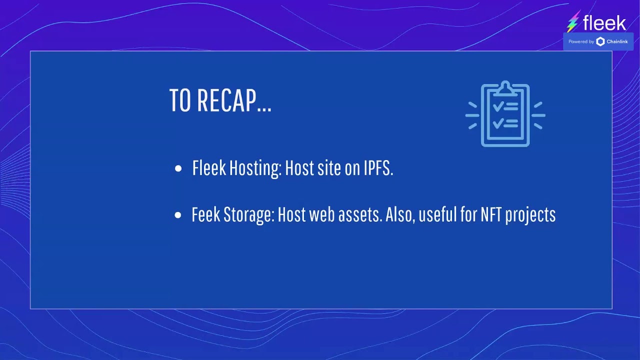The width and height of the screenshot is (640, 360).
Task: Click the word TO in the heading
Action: point(180,100)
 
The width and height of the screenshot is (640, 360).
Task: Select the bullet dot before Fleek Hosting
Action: point(178,169)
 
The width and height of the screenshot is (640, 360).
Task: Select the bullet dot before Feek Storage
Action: point(178,215)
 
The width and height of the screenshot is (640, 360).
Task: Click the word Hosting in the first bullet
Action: point(255,169)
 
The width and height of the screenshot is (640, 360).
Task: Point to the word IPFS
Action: point(378,168)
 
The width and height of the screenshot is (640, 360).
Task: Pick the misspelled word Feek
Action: point(205,215)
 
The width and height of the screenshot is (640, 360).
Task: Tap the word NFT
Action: point(491,214)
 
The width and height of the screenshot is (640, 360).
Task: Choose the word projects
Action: point(530,215)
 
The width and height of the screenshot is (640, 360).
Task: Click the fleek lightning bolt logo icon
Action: point(573,22)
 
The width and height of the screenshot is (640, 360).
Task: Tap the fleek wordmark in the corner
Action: point(604,23)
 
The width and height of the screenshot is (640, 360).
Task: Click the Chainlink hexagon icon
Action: point(600,41)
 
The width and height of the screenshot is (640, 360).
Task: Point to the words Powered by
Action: point(581,41)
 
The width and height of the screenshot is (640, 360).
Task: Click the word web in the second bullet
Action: point(321,215)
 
